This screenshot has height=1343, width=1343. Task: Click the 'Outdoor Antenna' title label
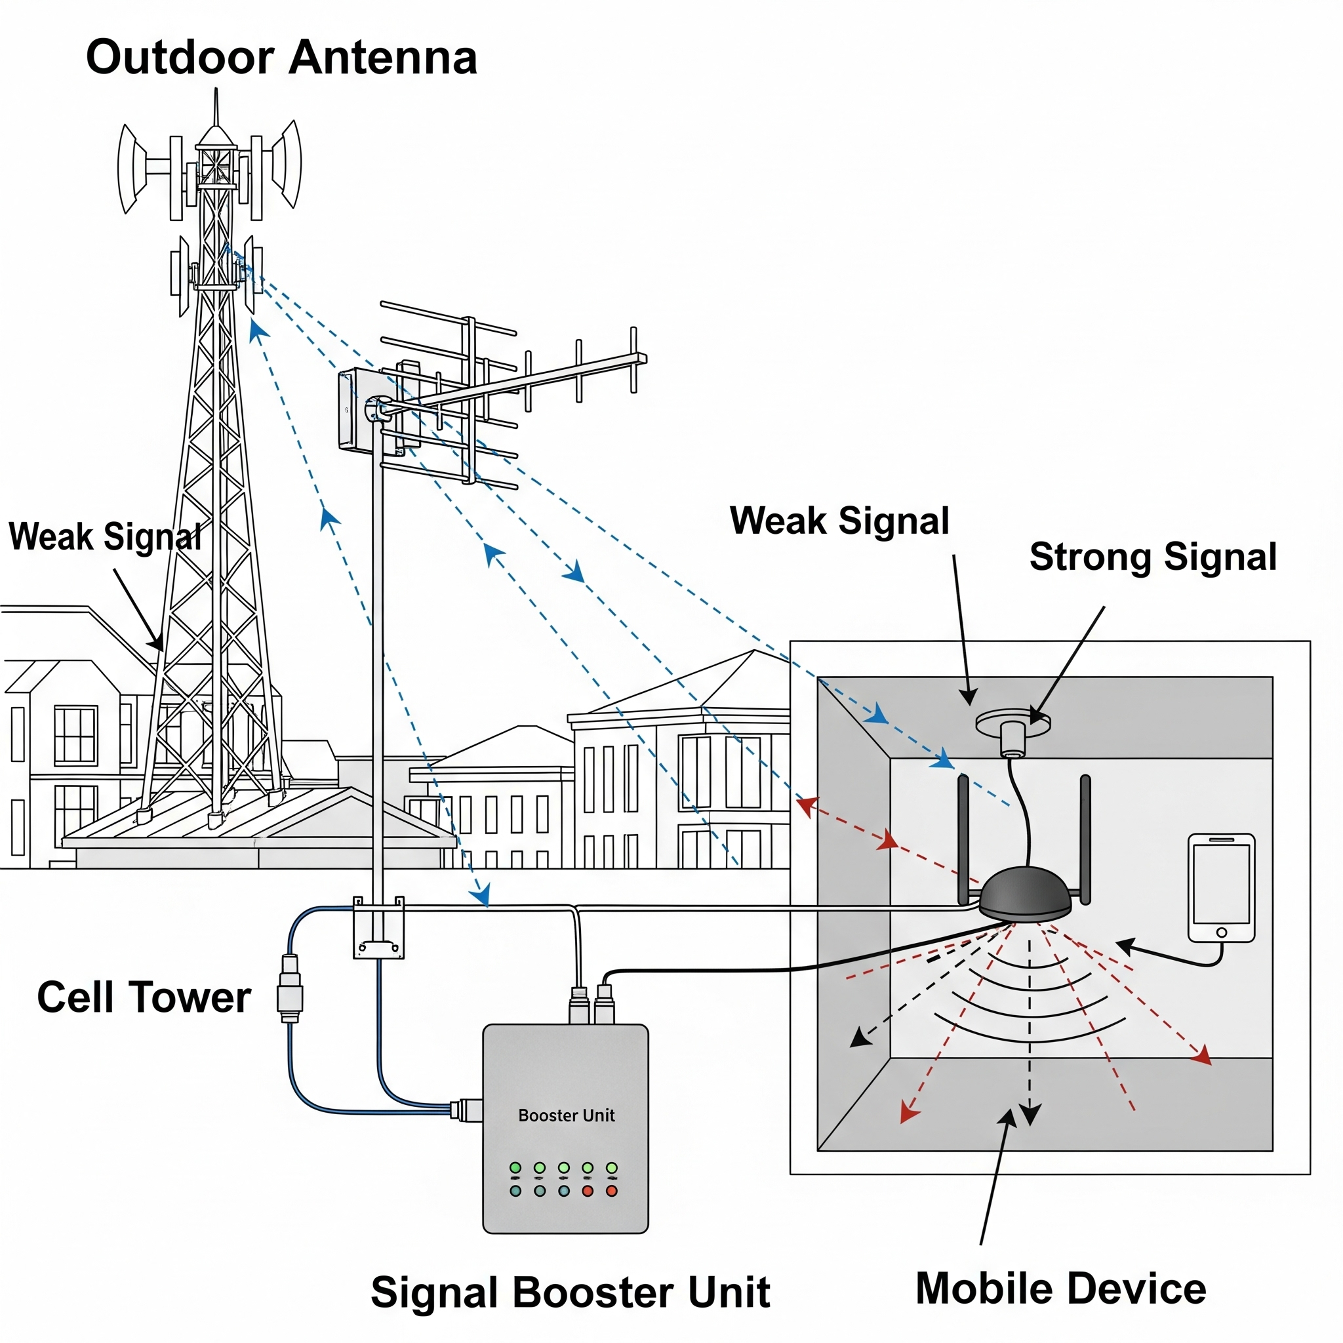point(281,57)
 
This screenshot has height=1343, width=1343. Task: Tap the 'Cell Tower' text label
point(144,997)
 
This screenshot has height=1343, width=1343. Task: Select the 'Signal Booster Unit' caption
point(570,1293)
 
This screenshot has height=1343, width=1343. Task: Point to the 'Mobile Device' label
point(1061,1288)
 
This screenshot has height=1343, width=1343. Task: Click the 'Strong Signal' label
point(1153,557)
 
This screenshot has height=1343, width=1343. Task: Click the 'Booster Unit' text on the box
point(566,1115)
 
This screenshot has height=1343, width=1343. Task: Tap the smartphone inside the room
point(1221,888)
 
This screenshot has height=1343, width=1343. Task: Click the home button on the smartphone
point(1221,932)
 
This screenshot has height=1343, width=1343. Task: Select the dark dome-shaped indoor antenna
point(1026,896)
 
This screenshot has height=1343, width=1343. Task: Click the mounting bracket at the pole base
point(379,928)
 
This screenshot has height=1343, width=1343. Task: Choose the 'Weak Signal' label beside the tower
point(104,536)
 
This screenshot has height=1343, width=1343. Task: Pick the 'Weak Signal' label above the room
point(839,521)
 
